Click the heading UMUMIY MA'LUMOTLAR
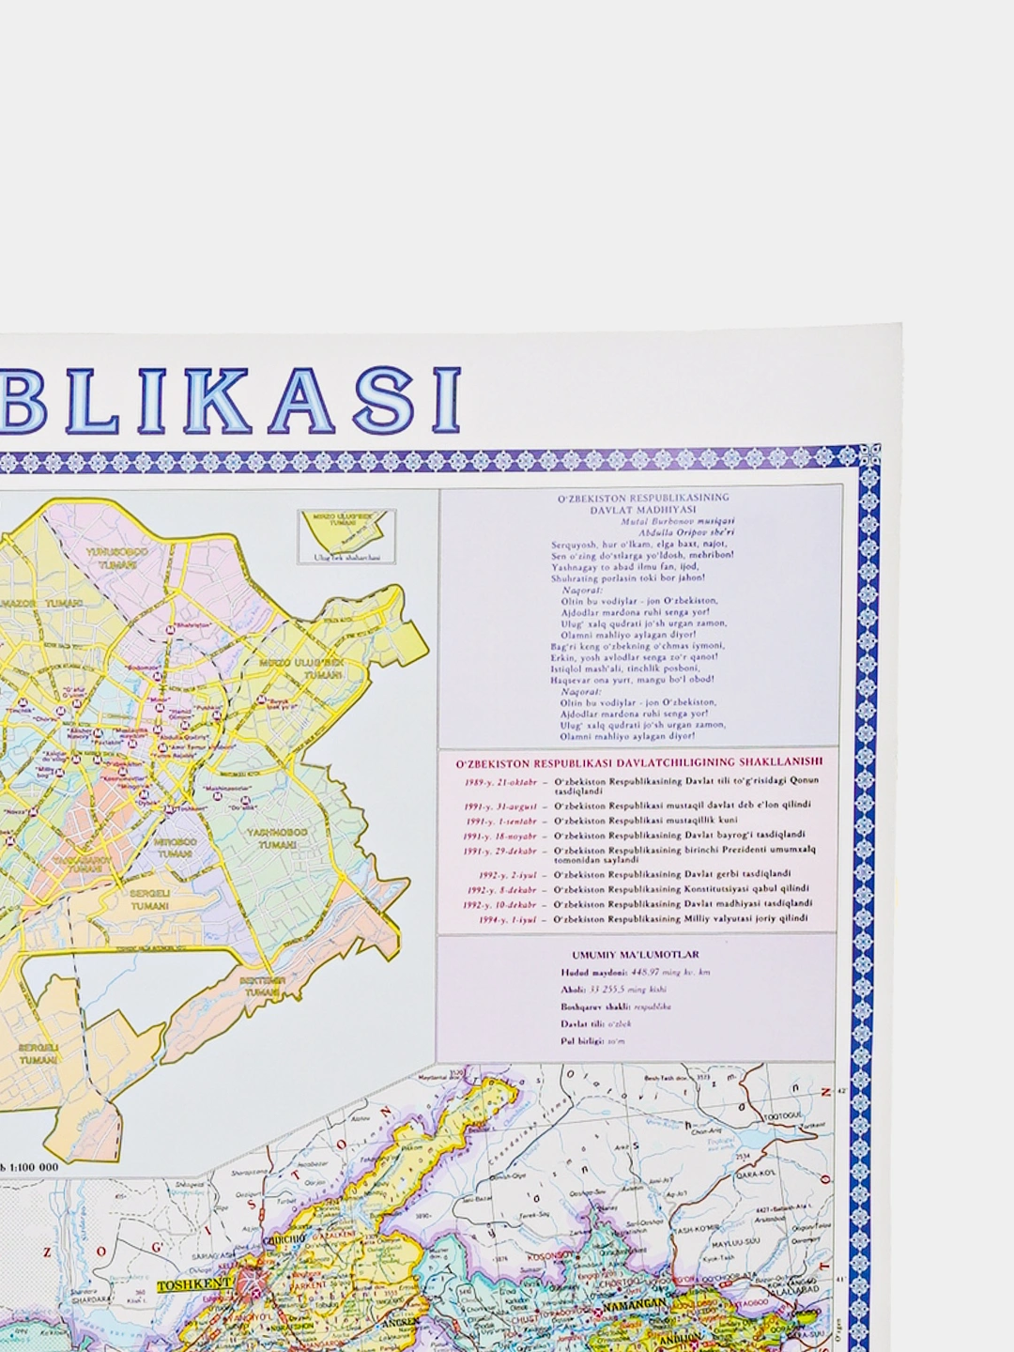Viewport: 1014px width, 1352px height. (x=636, y=955)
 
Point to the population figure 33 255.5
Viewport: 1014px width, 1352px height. (x=623, y=989)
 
